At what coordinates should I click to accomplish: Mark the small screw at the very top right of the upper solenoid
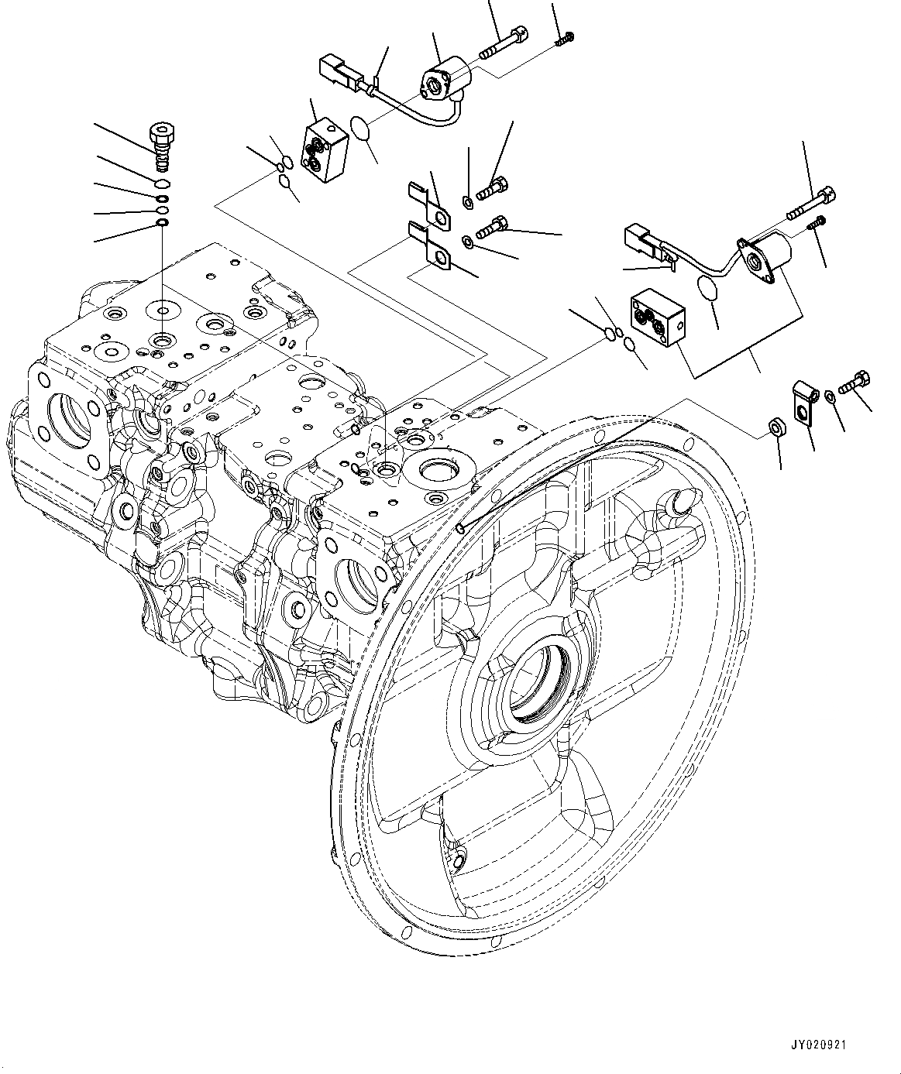coord(565,38)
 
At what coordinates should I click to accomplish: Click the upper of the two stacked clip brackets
coord(428,205)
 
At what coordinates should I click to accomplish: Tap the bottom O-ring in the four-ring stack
coord(161,224)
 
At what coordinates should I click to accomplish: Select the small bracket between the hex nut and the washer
coord(803,401)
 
